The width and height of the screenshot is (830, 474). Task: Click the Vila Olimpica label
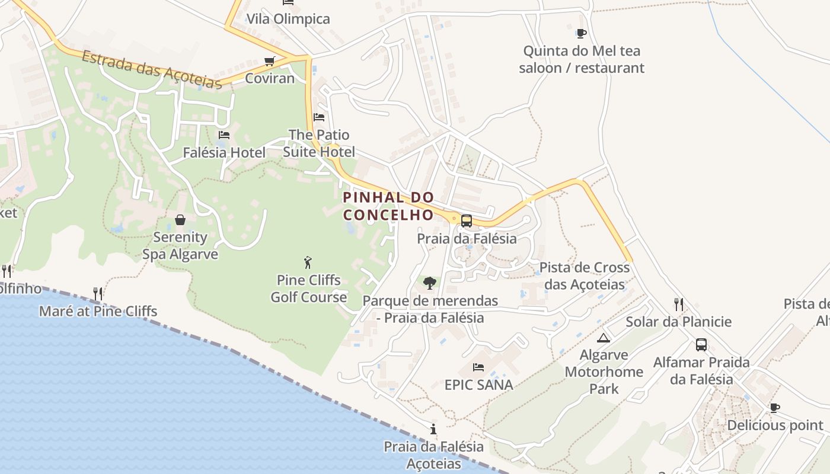[x=288, y=19]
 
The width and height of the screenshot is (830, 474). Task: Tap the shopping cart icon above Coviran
[x=270, y=61]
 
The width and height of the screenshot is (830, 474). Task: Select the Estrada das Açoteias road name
[x=152, y=70]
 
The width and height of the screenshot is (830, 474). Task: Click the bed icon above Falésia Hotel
[x=224, y=135]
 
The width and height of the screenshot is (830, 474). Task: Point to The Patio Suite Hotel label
[x=319, y=143]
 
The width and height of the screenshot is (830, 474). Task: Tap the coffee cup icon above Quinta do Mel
[x=581, y=33]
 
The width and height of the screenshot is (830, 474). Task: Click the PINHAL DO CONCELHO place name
[x=388, y=206]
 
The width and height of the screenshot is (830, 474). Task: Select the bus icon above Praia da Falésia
[x=467, y=221]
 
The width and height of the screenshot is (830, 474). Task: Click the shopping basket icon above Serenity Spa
[x=180, y=220]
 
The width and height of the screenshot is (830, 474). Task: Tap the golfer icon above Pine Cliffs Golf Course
[x=308, y=262]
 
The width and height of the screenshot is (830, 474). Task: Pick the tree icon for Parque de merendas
[x=430, y=283]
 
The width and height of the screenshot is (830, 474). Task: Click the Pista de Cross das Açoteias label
[x=585, y=276]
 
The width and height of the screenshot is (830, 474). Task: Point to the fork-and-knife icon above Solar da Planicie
[x=679, y=305]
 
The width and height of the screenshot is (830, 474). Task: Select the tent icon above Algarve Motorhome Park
[x=604, y=338]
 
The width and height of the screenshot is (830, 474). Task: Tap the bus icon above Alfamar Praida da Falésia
[x=701, y=345]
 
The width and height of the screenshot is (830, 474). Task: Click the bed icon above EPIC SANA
[x=478, y=367]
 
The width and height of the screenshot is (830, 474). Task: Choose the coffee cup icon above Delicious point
[x=774, y=408]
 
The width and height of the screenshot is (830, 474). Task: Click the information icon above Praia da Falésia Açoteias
[x=433, y=429]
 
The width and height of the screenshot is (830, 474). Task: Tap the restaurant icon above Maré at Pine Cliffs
[x=98, y=293]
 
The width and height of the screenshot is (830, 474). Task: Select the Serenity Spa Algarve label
[x=180, y=246]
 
